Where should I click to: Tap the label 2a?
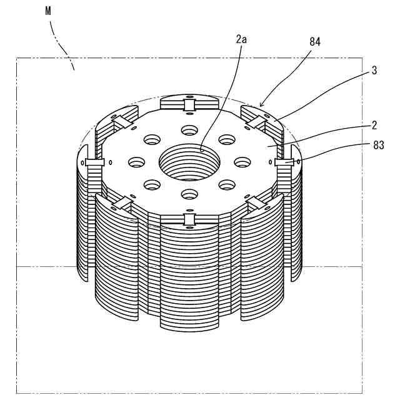click(x=241, y=39)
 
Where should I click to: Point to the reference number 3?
click(x=374, y=71)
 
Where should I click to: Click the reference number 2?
click(x=374, y=124)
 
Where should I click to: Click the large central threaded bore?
click(x=190, y=161)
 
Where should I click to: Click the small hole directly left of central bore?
click(x=137, y=162)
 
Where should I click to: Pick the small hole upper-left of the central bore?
click(x=152, y=139)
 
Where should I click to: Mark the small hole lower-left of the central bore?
click(x=152, y=184)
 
